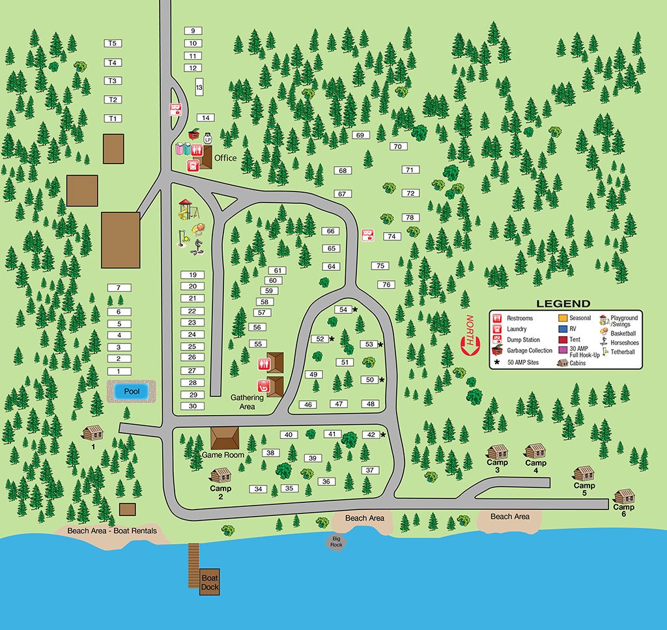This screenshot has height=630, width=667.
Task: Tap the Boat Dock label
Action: click(210, 582)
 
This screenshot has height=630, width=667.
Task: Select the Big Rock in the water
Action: click(336, 541)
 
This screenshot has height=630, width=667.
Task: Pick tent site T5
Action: click(113, 44)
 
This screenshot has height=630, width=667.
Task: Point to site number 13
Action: click(199, 87)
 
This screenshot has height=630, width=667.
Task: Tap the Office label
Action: click(225, 158)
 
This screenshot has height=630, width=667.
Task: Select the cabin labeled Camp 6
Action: click(624, 496)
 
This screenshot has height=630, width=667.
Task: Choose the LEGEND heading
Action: click(563, 304)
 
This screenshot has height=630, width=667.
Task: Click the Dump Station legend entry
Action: click(522, 339)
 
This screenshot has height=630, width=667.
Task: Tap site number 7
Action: click(119, 288)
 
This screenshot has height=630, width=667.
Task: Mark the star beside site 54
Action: click(356, 309)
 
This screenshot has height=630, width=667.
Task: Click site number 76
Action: click(386, 285)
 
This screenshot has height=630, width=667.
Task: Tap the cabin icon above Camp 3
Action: click(498, 451)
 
